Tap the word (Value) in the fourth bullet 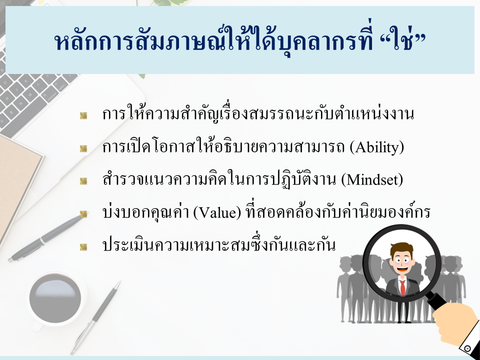tap(217, 212)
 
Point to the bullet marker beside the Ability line tap(83, 148)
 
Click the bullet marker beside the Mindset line tap(83, 181)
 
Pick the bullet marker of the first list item tap(83, 115)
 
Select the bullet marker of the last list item tap(83, 246)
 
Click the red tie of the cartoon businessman tap(402, 288)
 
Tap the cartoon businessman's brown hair tap(401, 248)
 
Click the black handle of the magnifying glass tap(436, 301)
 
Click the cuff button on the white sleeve tap(467, 348)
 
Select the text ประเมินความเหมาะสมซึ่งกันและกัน tap(219, 245)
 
